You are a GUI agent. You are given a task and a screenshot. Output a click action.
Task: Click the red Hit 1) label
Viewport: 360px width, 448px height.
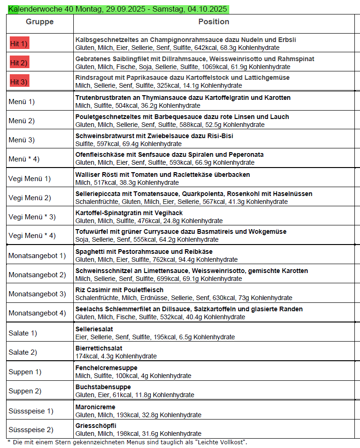tap(19, 44)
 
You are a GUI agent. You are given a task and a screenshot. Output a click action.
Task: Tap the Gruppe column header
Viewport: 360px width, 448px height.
tap(40, 22)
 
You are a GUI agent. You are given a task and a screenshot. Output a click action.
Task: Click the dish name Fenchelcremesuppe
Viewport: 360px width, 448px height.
tap(106, 368)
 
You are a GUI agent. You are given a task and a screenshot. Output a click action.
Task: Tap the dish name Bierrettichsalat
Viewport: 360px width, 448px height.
tap(99, 348)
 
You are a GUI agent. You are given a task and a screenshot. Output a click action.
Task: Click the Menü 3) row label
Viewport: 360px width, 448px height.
tap(21, 140)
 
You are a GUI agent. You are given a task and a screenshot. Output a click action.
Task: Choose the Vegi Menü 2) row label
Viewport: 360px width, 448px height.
tap(29, 197)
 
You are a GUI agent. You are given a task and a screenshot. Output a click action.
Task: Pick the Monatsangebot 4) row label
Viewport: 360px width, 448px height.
tap(37, 313)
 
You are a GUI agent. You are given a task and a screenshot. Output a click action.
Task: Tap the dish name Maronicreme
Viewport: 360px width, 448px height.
tap(95, 406)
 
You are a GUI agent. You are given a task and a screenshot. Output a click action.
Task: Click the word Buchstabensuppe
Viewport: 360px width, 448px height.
tap(103, 387)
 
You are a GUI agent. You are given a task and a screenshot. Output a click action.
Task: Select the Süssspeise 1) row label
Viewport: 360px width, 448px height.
tap(31, 411)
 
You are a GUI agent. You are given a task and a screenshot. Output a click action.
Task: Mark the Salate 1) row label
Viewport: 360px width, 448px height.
tap(23, 333)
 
